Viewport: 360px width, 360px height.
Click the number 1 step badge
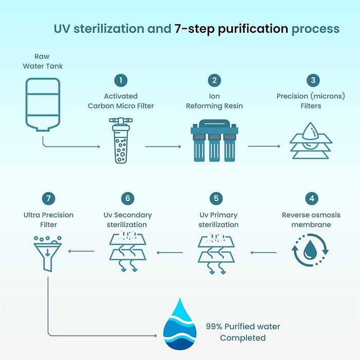point(121,80)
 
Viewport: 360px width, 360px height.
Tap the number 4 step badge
point(312,199)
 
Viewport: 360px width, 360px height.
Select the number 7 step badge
point(48,199)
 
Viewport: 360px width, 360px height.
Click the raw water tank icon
point(43,104)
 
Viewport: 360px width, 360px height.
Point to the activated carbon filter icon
point(121,140)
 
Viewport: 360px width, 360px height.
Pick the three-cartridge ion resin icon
point(214,140)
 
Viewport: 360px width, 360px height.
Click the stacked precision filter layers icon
point(311,140)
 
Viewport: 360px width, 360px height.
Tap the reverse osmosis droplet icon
point(310,250)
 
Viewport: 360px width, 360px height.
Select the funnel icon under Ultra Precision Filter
point(48,254)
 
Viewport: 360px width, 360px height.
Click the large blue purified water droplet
point(180,324)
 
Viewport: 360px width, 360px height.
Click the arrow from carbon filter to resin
point(163,147)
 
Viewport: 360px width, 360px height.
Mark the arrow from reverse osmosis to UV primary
point(263,253)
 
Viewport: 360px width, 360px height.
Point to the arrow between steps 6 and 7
point(81,251)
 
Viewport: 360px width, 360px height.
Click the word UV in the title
point(62,29)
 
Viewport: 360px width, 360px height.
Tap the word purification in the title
point(253,29)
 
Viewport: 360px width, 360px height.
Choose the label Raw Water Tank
point(43,61)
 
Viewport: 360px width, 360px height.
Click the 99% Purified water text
point(243,327)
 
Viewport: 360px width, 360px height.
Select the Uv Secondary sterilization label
point(128,220)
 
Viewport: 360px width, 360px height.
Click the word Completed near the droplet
point(243,338)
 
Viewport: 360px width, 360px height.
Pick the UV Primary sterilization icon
point(217,254)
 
